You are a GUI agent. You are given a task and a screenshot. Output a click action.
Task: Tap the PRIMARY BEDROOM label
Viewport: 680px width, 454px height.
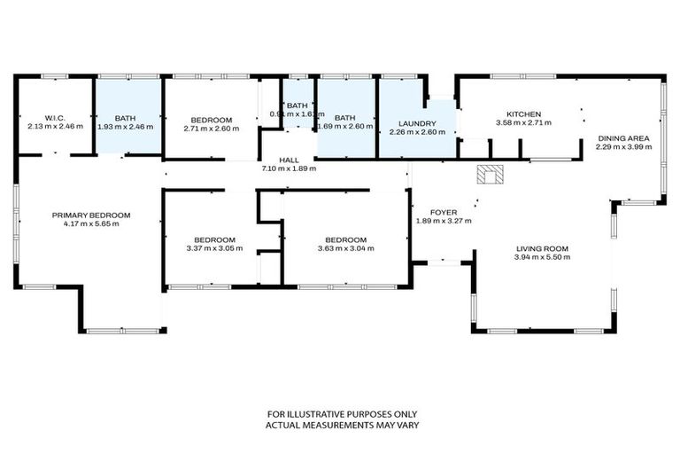click(x=91, y=215)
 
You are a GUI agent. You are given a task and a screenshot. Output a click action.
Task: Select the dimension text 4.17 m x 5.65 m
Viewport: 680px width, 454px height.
click(x=91, y=223)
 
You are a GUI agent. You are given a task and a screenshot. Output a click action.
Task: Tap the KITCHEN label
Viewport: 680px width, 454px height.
click(x=523, y=113)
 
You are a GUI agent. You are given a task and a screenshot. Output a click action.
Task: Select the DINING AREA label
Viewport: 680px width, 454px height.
click(x=624, y=137)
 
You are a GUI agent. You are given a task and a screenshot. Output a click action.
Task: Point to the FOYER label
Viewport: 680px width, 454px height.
click(x=444, y=212)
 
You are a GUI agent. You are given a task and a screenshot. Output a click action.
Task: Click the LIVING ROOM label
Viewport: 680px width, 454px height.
click(x=542, y=248)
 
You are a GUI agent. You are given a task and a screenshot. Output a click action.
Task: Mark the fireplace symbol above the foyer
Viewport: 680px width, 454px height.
click(x=488, y=174)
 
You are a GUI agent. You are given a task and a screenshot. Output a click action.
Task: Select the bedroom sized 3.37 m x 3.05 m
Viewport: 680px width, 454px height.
click(x=215, y=244)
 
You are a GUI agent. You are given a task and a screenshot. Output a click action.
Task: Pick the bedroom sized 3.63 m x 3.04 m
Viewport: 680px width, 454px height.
click(x=345, y=244)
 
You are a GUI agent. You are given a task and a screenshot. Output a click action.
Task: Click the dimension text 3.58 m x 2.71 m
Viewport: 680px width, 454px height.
click(x=523, y=123)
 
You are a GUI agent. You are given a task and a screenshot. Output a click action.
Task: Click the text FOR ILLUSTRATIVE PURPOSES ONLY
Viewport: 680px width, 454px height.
click(x=343, y=414)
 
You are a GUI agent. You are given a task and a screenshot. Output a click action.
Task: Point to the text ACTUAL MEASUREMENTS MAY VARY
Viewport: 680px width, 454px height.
click(x=343, y=426)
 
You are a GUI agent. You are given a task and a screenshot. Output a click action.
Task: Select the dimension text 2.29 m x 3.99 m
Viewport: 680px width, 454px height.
click(x=624, y=146)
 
